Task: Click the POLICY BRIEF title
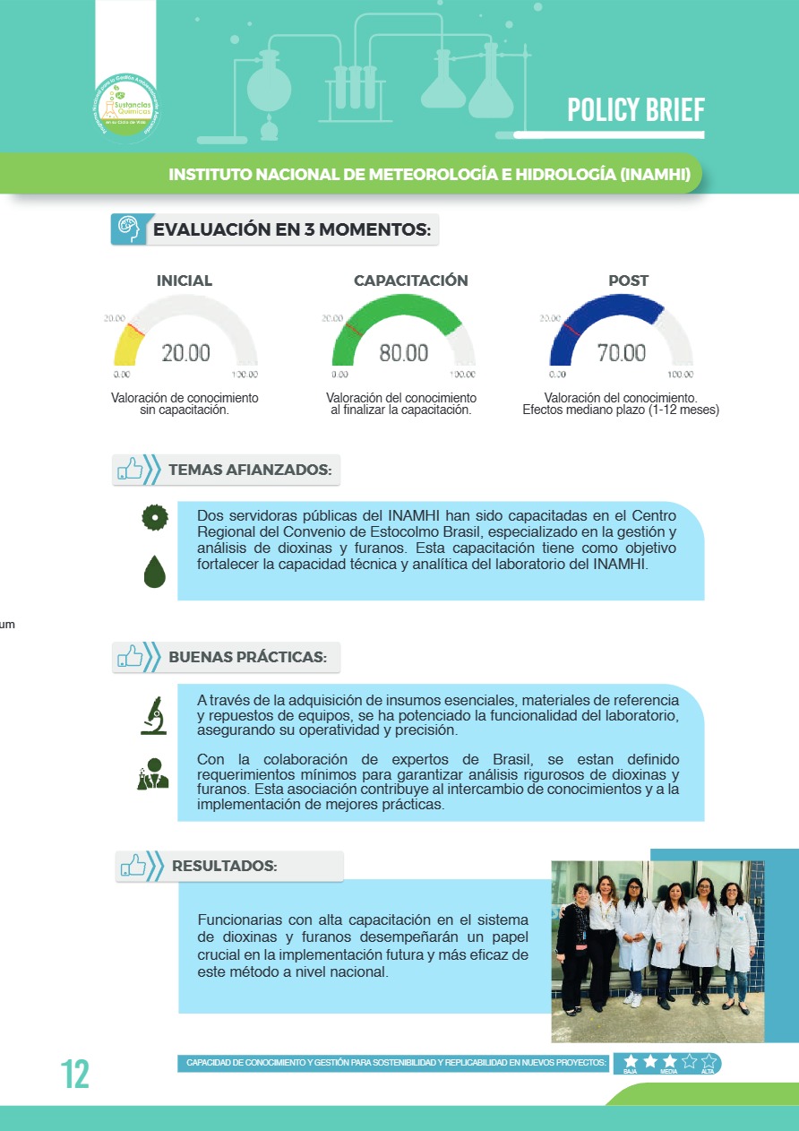636,110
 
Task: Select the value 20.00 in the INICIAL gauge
186,353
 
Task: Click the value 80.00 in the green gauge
404,353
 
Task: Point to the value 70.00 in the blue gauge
622,353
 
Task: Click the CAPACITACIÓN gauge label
410,281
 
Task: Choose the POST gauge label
628,281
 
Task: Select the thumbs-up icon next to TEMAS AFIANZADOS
131,469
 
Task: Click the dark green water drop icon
155,571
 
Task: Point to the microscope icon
153,715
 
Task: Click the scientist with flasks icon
153,773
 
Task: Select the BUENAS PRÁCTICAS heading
248,657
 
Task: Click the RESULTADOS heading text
224,867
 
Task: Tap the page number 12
75,1074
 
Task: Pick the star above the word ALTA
708,1061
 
